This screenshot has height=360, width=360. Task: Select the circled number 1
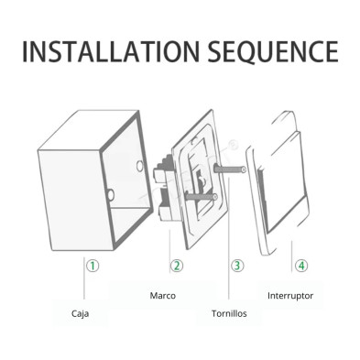pyautogui.click(x=93, y=266)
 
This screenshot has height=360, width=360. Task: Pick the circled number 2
pyautogui.click(x=177, y=266)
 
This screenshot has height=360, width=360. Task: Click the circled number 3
pyautogui.click(x=237, y=266)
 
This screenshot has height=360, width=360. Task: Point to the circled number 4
pyautogui.click(x=301, y=266)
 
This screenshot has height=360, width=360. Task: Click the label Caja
pyautogui.click(x=80, y=313)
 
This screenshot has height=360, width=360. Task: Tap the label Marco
pyautogui.click(x=162, y=296)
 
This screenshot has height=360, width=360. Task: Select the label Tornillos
pyautogui.click(x=229, y=313)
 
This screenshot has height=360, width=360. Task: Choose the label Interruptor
pyautogui.click(x=290, y=296)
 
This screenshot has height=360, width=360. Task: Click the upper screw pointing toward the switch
pyautogui.click(x=230, y=169)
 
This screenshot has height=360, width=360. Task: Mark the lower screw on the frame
pyautogui.click(x=201, y=197)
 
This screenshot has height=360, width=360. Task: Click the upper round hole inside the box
pyautogui.click(x=140, y=166)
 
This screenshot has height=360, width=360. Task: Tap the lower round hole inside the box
pyautogui.click(x=111, y=194)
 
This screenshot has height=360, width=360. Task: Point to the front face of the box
pyautogui.click(x=75, y=200)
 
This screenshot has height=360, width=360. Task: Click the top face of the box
pyautogui.click(x=89, y=130)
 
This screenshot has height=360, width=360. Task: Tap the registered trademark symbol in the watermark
pyautogui.click(x=234, y=143)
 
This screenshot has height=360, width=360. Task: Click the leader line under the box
pyautogui.click(x=84, y=278)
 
